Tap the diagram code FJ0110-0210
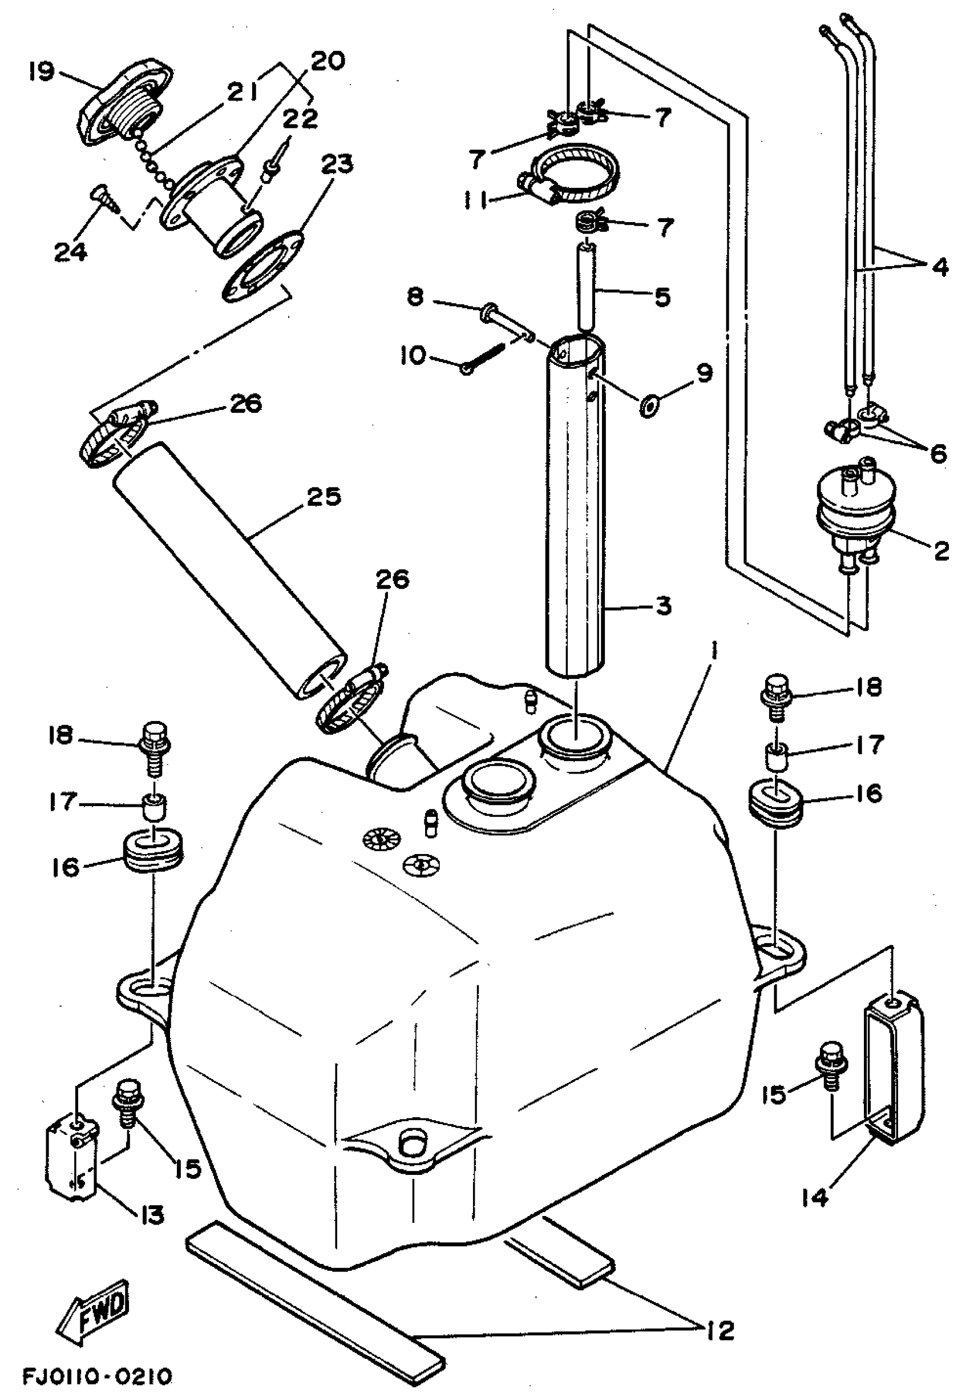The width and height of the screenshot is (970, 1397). pos(97,1376)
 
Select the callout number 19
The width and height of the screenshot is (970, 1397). pos(40,72)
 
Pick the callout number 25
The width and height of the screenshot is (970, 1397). pos(324,497)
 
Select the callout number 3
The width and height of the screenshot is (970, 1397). pos(663,606)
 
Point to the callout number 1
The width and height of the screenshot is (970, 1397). pos(714,652)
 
